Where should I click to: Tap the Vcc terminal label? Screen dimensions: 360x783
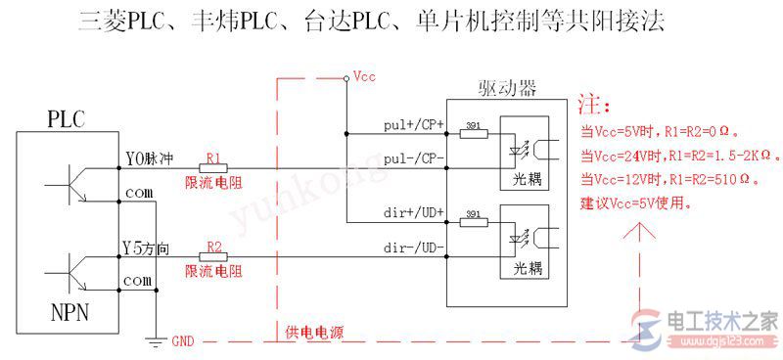(x=364, y=75)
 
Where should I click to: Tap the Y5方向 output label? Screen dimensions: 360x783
(x=148, y=247)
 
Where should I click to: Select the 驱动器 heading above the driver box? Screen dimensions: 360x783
(x=513, y=89)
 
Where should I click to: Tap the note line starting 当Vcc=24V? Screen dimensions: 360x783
(x=678, y=156)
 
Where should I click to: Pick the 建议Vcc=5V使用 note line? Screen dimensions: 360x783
(x=636, y=203)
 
